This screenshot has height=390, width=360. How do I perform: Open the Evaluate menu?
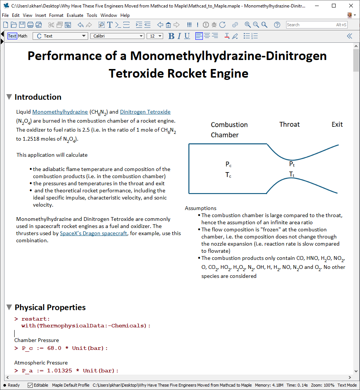tap(75, 15)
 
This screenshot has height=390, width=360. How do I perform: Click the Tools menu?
tap(92, 15)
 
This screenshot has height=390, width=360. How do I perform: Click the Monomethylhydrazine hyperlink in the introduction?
tap(60, 112)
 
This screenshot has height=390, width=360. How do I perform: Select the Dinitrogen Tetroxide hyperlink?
tap(145, 112)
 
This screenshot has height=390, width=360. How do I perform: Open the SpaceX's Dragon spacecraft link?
tap(93, 233)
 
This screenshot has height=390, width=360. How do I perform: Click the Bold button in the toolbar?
tap(171, 36)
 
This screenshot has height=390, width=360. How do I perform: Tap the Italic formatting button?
tap(179, 36)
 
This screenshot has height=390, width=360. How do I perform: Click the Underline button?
tap(187, 36)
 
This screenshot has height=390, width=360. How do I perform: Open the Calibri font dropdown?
tap(117, 36)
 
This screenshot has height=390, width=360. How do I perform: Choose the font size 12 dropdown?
tap(155, 36)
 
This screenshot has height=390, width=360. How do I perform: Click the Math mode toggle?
tap(23, 36)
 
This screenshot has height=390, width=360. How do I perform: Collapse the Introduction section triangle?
tap(9, 97)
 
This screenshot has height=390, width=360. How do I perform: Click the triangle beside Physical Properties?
tap(9, 307)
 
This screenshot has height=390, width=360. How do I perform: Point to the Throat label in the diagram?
tap(289, 124)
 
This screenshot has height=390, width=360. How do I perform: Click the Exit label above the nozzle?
tap(337, 124)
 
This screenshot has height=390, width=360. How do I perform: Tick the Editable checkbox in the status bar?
tap(30, 385)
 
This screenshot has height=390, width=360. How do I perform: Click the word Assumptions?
tap(201, 208)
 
